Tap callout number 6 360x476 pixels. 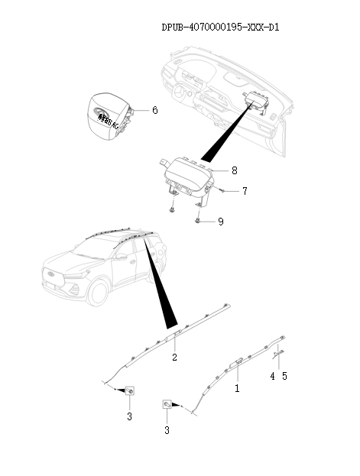(x=154, y=110)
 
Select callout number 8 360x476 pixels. (x=235, y=170)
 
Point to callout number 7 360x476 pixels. (x=244, y=191)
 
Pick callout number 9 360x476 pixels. (x=220, y=222)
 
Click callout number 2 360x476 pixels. (x=174, y=358)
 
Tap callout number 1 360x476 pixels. (x=237, y=388)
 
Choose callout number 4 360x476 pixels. (x=272, y=376)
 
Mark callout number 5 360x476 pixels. (x=286, y=376)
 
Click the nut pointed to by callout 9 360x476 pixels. (x=199, y=221)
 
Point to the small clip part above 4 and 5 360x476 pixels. (x=279, y=352)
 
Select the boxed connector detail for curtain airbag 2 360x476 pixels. (x=130, y=391)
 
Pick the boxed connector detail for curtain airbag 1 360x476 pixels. (x=167, y=406)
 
